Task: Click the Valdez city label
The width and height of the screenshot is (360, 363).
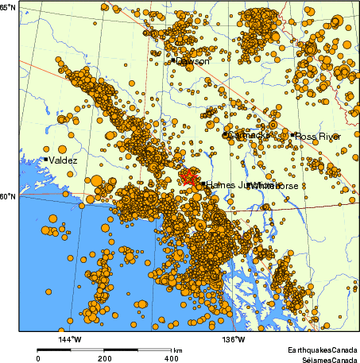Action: coord(64,160)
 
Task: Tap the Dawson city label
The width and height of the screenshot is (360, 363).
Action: coord(193,61)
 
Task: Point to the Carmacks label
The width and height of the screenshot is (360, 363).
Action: coord(248,136)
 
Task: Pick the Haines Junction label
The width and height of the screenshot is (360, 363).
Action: coord(234,184)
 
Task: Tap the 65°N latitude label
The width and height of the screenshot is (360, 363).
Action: coord(9,7)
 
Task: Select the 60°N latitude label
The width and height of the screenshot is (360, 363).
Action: coord(9,196)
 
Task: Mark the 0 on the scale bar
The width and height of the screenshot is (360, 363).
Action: coord(38,358)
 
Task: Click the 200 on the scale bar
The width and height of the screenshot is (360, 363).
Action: coord(104,358)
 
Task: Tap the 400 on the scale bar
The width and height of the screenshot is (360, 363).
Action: coord(168,358)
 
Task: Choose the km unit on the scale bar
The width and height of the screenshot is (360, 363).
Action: coord(178,349)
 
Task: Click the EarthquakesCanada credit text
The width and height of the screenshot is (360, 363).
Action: coord(323,349)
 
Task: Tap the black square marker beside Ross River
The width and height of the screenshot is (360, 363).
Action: coord(292,135)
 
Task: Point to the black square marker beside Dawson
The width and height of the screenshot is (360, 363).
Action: coord(173,60)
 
